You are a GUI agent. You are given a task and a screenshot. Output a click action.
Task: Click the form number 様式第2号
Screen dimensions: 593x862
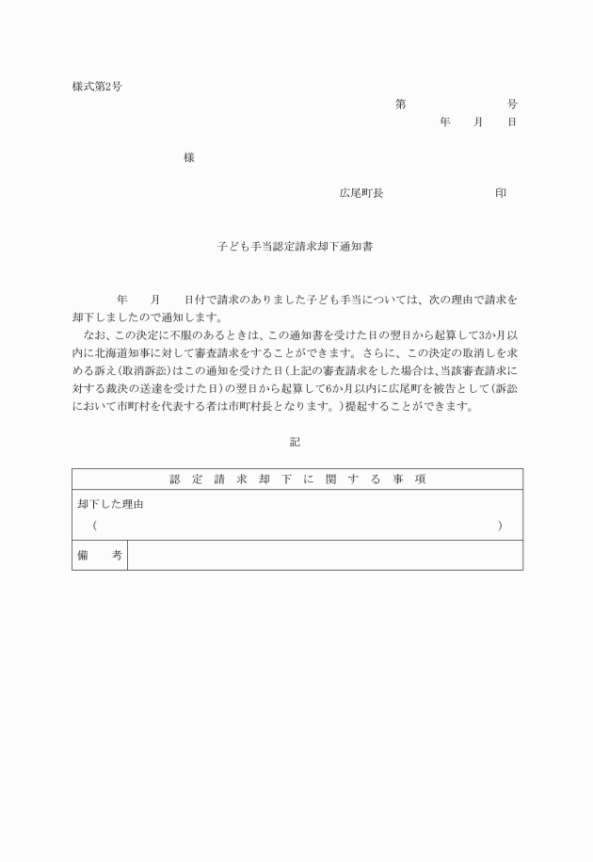[x=97, y=87]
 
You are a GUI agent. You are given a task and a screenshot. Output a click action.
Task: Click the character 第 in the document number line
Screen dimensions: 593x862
[x=400, y=104]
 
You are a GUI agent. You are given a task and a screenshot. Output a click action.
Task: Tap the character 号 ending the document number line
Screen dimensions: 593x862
[x=512, y=104]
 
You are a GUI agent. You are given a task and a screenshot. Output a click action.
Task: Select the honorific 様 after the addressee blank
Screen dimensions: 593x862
[x=188, y=158]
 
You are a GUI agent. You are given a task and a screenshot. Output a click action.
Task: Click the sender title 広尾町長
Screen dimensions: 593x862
[x=361, y=193]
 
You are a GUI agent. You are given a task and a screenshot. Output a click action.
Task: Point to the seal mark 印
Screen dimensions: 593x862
[x=501, y=193]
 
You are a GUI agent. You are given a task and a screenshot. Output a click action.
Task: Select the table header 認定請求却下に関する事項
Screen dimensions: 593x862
[x=297, y=480]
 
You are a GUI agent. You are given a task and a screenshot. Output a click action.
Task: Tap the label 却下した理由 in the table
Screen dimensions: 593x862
[x=110, y=505]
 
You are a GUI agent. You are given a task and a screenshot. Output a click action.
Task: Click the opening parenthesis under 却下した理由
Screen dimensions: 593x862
[x=95, y=525]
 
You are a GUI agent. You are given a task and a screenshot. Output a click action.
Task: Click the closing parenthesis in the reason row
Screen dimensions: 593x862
[x=500, y=525]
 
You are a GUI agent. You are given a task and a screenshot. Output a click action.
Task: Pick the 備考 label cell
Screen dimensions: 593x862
[x=99, y=556]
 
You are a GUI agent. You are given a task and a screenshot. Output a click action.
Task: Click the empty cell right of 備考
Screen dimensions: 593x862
[x=325, y=556]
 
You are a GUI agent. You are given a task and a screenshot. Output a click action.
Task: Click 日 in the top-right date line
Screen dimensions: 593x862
[x=511, y=122]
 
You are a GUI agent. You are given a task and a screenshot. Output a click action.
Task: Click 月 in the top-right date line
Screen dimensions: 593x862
[x=477, y=122]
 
